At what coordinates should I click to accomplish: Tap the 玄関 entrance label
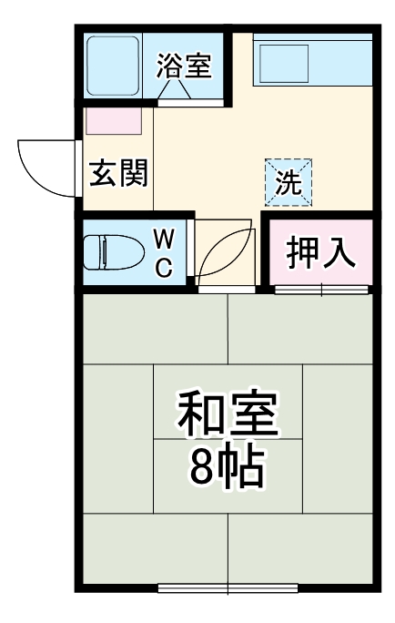coord(118,172)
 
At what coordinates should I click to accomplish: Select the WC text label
coord(164,253)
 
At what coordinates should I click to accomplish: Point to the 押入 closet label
coord(320,254)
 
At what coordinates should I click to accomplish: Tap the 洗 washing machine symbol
coord(289,182)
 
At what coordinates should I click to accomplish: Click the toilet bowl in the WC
coord(106,252)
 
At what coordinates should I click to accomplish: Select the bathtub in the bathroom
coord(114,65)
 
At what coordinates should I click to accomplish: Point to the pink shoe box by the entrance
coord(115,121)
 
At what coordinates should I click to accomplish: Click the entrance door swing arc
coord(43,167)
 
